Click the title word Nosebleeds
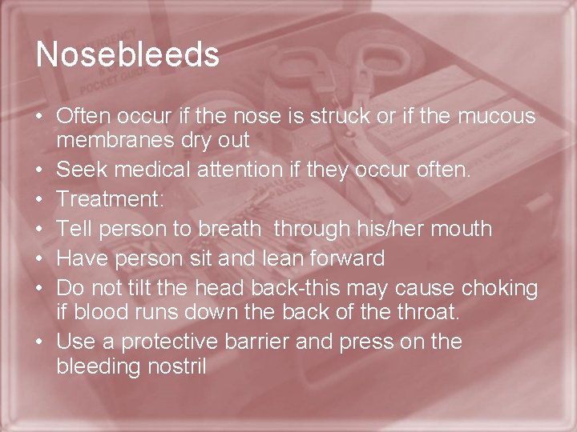127,54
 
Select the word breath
228,229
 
